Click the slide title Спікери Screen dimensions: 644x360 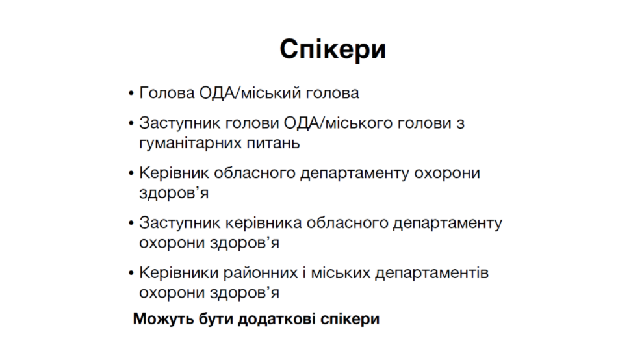pyautogui.click(x=333, y=49)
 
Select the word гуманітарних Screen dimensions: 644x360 pyautogui.click(x=190, y=143)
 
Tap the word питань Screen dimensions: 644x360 pyautogui.click(x=273, y=143)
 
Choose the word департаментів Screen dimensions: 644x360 pyautogui.click(x=432, y=274)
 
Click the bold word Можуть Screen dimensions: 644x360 pyautogui.click(x=164, y=318)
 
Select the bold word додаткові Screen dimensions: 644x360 pyautogui.click(x=277, y=319)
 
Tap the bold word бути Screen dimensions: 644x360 pyautogui.click(x=216, y=319)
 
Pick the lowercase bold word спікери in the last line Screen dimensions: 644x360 pyautogui.click(x=350, y=319)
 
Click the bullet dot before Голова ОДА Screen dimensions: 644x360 pyautogui.click(x=131, y=94)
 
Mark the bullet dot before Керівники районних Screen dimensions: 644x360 pyautogui.click(x=131, y=274)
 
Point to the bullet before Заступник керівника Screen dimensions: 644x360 pyautogui.click(x=131, y=224)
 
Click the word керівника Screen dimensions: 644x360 pyautogui.click(x=264, y=224)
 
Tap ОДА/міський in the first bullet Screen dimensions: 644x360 pyautogui.click(x=250, y=93)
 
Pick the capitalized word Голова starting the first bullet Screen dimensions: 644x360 pyautogui.click(x=167, y=93)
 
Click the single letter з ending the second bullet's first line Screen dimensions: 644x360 pyautogui.click(x=460, y=123)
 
